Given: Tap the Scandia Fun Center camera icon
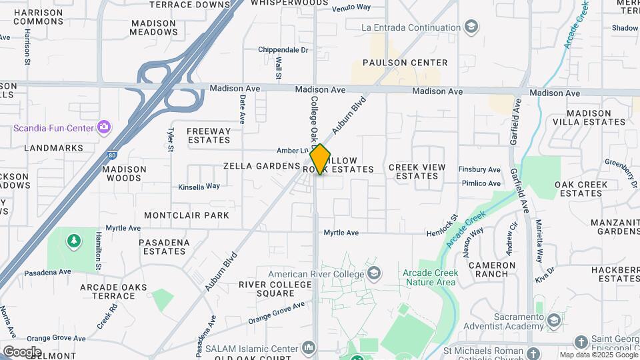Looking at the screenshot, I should tap(103, 127).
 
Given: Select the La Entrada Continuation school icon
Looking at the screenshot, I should tap(471, 27).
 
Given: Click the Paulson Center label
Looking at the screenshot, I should tap(405, 63).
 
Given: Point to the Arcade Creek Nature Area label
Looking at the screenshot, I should tap(429, 278).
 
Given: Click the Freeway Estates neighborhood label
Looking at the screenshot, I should tap(209, 135).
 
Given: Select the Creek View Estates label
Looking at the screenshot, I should tap(413, 171).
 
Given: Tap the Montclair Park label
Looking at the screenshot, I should tap(187, 215).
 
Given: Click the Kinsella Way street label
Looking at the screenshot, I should tap(199, 187).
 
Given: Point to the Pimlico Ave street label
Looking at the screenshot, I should tap(479, 183).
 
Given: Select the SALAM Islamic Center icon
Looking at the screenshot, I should tap(308, 348).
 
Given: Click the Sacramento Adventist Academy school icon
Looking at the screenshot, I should tap(553, 321).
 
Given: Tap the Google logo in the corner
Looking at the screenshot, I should tap(22, 351).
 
